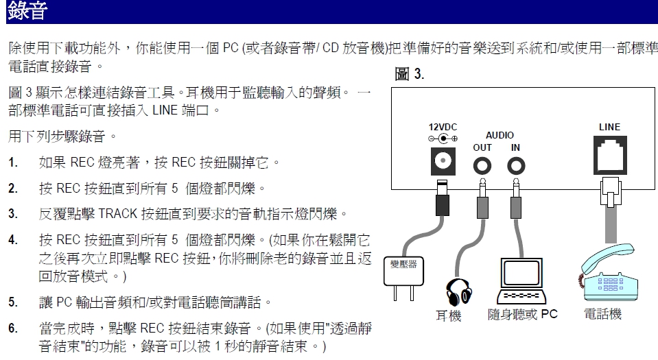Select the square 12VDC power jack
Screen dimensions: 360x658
(443, 162)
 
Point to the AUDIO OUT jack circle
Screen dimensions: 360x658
(484, 165)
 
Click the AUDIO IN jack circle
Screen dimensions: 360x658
(515, 165)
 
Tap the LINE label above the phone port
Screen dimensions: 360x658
(609, 127)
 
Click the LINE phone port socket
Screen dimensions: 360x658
(609, 156)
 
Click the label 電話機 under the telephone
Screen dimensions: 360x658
(602, 315)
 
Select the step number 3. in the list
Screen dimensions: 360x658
(13, 213)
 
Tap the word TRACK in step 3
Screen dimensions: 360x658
(119, 213)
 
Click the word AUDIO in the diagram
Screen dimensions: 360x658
(500, 136)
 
